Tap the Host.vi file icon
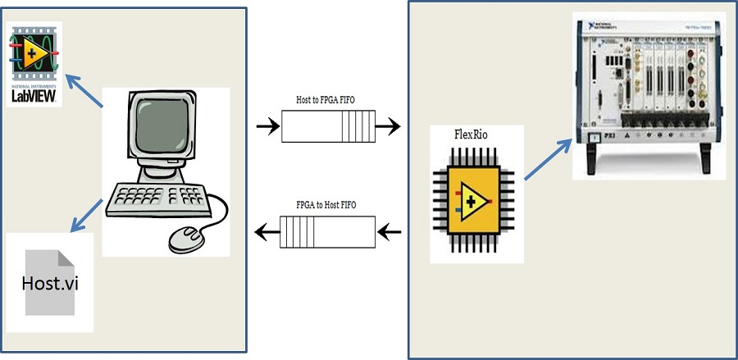(x=50, y=284)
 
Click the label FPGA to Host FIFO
(x=326, y=204)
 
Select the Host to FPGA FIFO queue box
(x=327, y=127)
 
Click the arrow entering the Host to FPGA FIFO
(x=267, y=127)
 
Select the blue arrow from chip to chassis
(x=548, y=159)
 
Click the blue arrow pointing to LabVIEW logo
(x=84, y=87)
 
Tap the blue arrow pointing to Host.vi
(x=87, y=216)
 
